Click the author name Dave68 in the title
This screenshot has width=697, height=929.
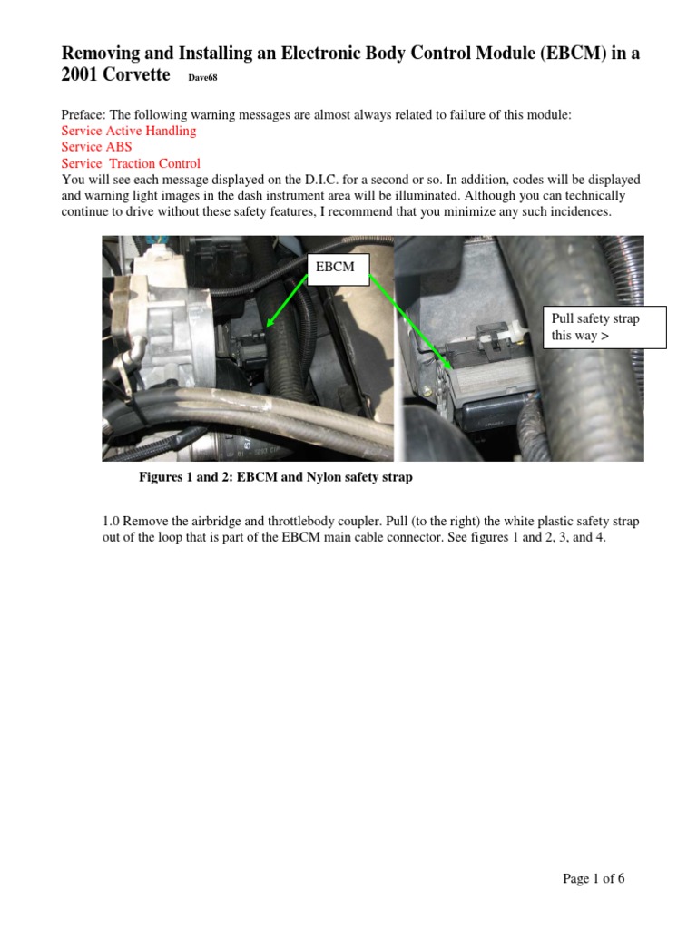202,78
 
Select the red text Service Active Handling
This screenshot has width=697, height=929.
128,131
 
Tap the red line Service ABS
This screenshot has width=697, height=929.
96,147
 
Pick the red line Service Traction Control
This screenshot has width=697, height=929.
131,163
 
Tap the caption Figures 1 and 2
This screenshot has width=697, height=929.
275,477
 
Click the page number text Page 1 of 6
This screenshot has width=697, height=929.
594,878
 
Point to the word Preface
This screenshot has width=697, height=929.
83,114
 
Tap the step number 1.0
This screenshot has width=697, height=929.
111,521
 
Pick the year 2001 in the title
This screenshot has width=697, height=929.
78,74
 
